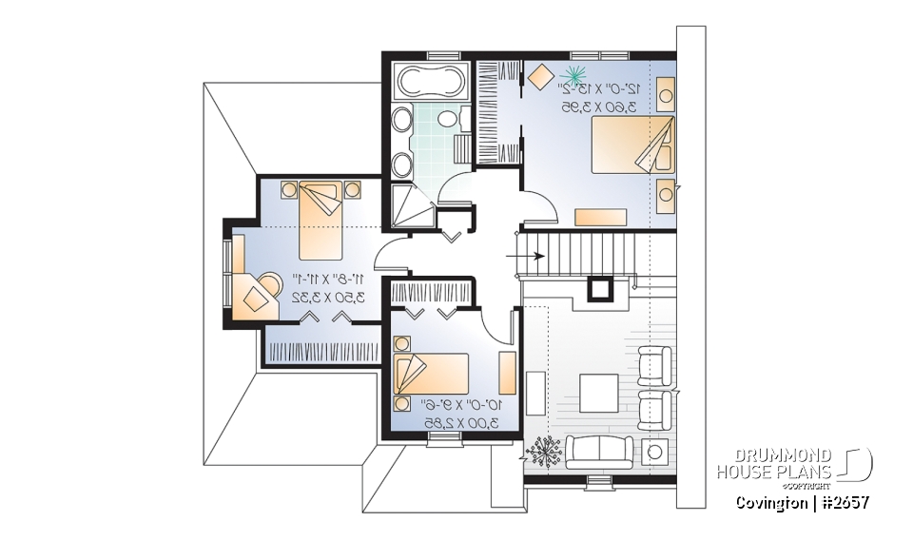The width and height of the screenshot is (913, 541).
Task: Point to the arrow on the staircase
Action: tap(533, 255)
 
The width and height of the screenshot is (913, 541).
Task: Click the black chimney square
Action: tap(601, 287)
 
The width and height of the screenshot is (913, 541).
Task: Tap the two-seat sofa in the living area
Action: tap(599, 449)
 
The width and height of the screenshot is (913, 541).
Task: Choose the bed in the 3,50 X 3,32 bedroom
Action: tap(321, 219)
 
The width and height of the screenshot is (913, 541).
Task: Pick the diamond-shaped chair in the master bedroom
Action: tap(541, 77)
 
